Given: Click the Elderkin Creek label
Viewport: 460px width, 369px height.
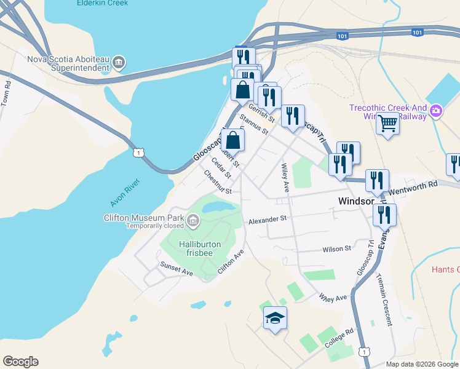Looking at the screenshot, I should point(102,3).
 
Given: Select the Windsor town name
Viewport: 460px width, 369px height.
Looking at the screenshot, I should point(357,202).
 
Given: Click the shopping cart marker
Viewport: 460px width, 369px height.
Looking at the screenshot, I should point(388,124).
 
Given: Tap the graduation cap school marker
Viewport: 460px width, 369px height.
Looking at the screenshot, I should point(275,318).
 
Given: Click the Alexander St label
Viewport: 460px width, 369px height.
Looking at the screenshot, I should point(268,219).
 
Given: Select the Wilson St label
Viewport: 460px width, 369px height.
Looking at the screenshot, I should point(336,248).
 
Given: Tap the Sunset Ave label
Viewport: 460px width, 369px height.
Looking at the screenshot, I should point(176,268).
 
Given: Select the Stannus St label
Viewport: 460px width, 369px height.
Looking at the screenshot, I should point(255,124).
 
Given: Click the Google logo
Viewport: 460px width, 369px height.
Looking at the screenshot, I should point(20,362).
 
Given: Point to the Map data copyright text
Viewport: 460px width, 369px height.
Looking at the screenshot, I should point(422,364).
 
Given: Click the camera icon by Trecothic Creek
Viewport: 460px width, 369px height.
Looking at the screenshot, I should point(436,111).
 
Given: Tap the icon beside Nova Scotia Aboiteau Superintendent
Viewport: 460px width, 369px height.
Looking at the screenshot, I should point(119,62).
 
